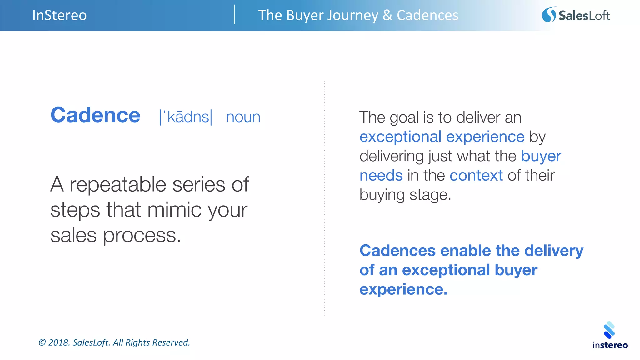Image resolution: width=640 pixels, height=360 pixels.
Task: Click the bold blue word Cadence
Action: pos(95,115)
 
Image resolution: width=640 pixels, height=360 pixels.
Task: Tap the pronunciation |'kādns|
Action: pos(186,117)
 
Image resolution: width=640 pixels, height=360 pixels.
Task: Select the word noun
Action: pos(243,117)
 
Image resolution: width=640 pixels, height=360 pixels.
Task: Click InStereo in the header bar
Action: pos(59,15)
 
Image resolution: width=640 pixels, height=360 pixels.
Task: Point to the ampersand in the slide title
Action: pos(387,15)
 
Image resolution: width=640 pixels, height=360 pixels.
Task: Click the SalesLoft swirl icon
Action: pos(549,15)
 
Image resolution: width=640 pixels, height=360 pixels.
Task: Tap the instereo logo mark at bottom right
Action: pos(609,330)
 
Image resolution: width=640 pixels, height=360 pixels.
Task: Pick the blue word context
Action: pos(476,175)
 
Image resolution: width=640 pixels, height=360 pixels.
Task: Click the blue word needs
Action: pos(381,175)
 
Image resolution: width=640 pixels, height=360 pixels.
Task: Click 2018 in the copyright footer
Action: pos(58,342)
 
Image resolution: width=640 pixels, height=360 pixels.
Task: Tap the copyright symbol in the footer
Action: pos(42,342)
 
